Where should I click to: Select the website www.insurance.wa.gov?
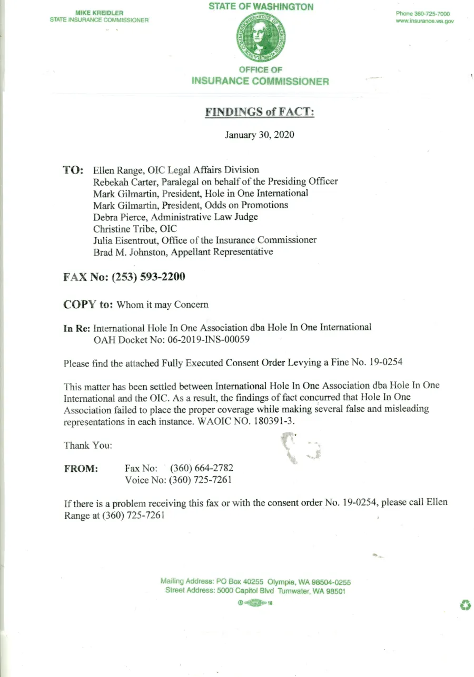424,21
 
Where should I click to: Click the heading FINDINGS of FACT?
259,112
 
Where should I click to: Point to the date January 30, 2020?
259,135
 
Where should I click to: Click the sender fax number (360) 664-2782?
201,468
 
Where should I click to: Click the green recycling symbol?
465,605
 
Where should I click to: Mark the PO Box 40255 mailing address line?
255,582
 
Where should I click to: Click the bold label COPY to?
88,304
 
